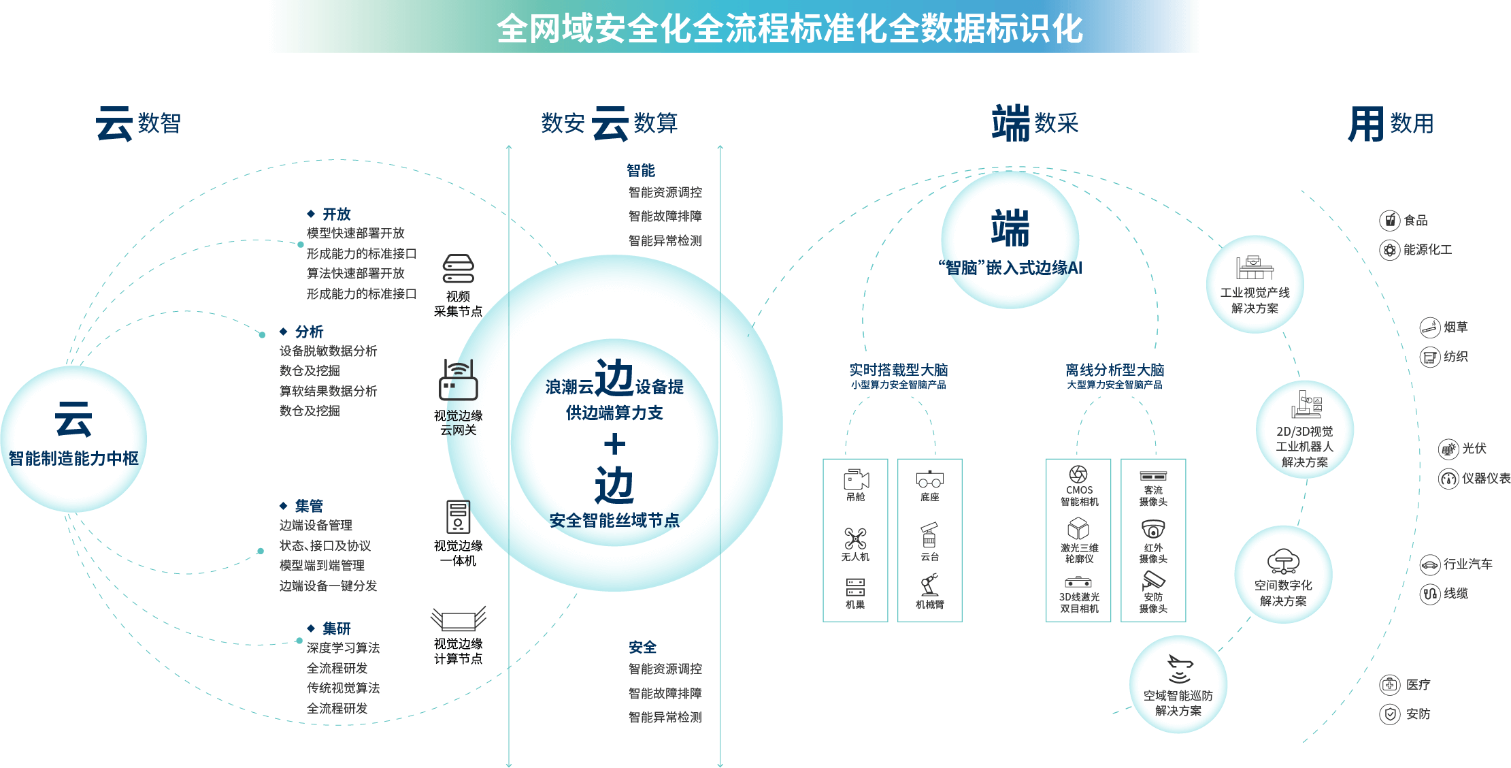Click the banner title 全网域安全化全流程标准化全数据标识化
tap(789, 29)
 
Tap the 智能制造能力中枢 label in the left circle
tap(73, 458)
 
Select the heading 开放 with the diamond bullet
tap(336, 214)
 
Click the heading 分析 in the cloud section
tap(309, 332)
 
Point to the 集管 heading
tap(309, 506)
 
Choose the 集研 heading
tap(336, 628)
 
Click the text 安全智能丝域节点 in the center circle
tap(614, 521)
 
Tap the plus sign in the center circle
tap(614, 445)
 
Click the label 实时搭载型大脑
tap(898, 370)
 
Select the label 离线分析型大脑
tap(1114, 370)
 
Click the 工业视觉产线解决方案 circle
tap(1255, 285)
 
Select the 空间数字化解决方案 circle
tap(1283, 575)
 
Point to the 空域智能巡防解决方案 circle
tap(1178, 684)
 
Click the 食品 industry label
tap(1416, 221)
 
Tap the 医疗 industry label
tap(1418, 685)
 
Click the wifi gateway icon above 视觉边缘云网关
tap(459, 381)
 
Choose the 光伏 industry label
tap(1474, 449)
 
